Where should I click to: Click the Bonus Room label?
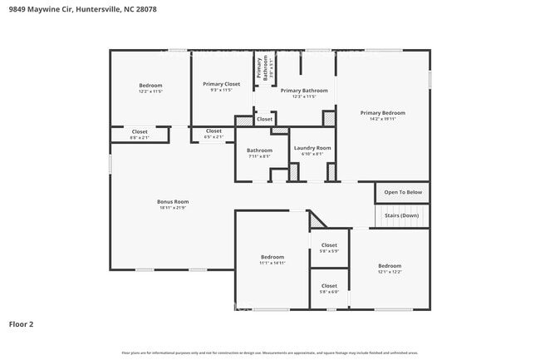click(x=173, y=201)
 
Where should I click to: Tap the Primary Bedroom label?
click(x=382, y=112)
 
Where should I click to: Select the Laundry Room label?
click(x=312, y=147)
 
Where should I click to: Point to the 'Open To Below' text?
click(x=402, y=192)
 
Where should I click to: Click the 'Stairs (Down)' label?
click(x=401, y=215)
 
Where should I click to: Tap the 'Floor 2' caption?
click(x=21, y=324)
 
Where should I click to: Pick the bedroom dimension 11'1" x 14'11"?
click(x=272, y=263)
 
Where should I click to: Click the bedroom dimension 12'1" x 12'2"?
click(x=390, y=271)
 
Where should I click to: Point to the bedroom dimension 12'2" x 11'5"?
click(x=150, y=91)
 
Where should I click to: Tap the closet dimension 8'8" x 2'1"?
click(x=140, y=136)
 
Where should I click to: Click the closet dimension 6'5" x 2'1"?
click(x=214, y=136)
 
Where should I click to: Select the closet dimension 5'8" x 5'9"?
click(x=329, y=251)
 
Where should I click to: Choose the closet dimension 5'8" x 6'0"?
click(x=329, y=292)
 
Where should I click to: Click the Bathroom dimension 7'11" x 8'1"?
click(x=259, y=155)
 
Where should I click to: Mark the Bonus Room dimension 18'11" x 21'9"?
click(x=173, y=207)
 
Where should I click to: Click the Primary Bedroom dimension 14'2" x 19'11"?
click(x=382, y=118)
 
